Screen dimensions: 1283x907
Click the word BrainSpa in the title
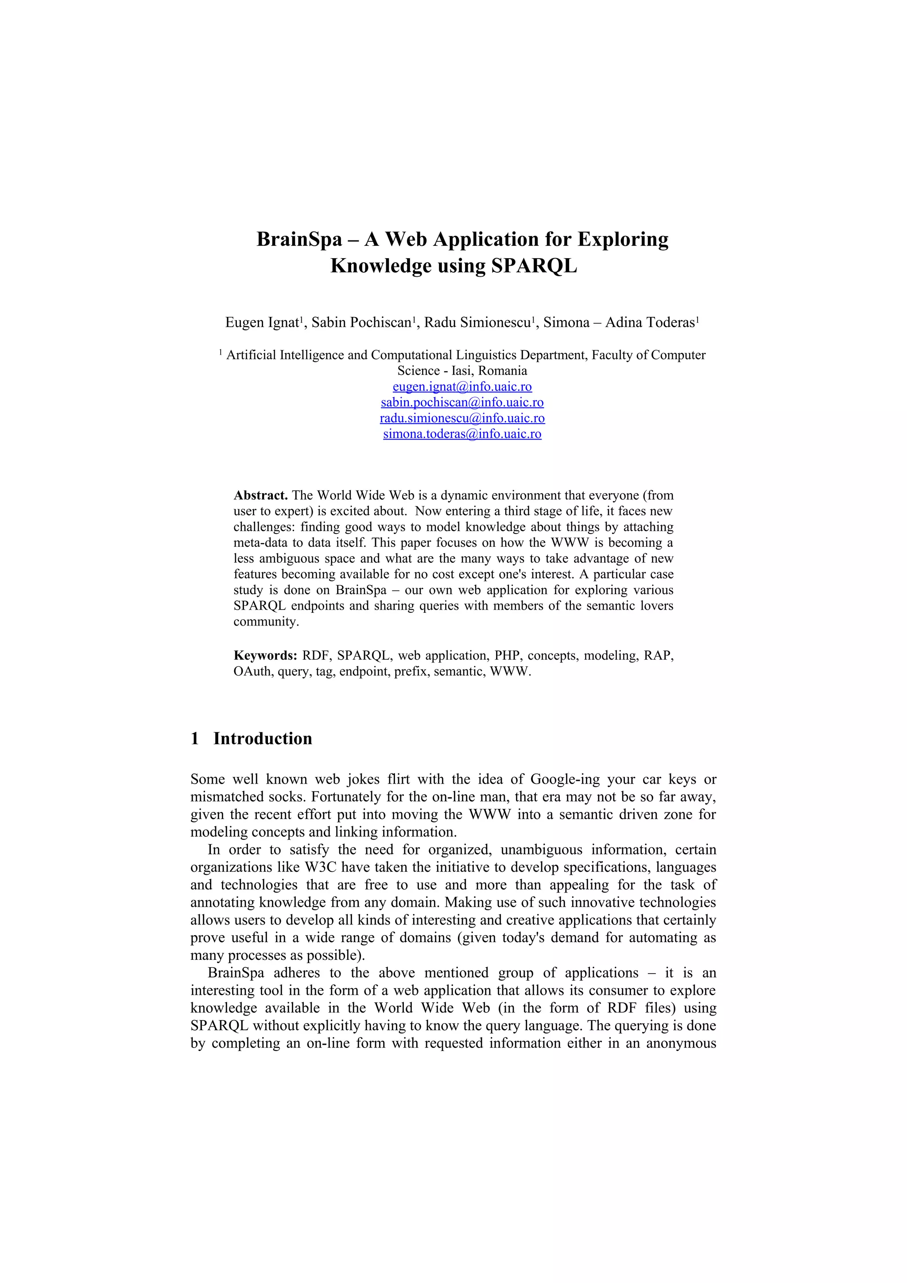[x=299, y=239]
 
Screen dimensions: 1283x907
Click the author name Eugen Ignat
[x=263, y=322]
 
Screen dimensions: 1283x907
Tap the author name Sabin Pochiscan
[x=361, y=322]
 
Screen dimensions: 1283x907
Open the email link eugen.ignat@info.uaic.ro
[x=462, y=386]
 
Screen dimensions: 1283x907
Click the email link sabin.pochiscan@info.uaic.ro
[x=462, y=402]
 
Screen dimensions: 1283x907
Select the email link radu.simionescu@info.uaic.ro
[x=462, y=418]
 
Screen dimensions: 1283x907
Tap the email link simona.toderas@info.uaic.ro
[x=462, y=433]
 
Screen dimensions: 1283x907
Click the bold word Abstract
[x=260, y=495]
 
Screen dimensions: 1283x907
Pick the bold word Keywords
[x=265, y=656]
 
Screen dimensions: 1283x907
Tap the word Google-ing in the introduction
[x=567, y=779]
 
